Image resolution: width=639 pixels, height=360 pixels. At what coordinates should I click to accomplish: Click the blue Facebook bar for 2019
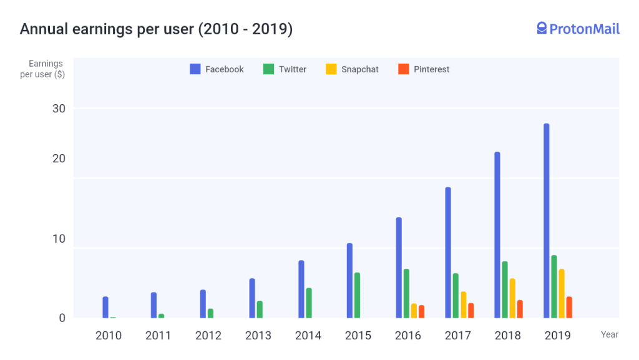547,220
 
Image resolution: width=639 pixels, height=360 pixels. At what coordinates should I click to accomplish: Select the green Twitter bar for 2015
357,295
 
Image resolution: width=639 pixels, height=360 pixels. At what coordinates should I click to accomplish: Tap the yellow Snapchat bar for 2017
463,304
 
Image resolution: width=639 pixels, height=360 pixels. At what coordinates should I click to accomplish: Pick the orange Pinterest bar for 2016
421,311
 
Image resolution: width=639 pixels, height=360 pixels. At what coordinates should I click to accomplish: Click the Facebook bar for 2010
105,307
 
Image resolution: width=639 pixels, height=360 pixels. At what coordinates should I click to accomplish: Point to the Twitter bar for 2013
260,309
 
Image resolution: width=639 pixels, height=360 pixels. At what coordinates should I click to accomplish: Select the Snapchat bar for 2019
562,293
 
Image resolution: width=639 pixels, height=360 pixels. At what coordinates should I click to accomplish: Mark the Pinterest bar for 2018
520,309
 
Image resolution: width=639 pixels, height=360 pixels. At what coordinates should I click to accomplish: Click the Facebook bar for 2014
301,289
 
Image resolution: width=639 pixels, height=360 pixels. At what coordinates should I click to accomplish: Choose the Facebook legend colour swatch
195,69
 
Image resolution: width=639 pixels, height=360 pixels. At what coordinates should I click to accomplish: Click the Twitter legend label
293,69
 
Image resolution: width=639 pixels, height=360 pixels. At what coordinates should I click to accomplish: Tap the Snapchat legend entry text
360,69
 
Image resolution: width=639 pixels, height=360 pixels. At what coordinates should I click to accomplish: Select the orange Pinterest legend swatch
403,69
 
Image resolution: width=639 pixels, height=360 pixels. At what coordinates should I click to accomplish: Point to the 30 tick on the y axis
59,109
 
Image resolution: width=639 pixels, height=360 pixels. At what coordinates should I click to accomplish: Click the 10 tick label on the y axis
59,239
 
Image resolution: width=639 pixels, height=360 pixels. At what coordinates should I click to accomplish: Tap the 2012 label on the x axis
208,336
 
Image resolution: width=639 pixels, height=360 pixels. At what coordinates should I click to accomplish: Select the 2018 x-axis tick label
508,336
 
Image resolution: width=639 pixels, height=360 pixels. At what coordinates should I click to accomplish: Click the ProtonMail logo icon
542,28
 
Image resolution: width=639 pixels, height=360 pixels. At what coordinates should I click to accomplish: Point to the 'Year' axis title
610,334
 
